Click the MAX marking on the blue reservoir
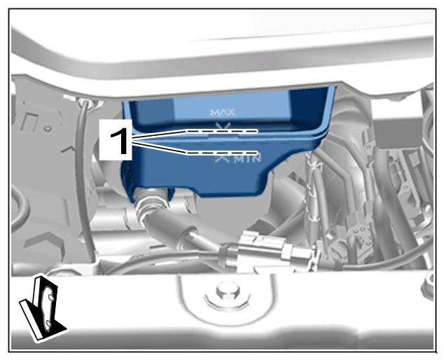pyautogui.click(x=223, y=113)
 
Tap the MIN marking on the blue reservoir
pyautogui.click(x=247, y=159)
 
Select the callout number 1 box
pyautogui.click(x=116, y=140)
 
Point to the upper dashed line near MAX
pyautogui.click(x=222, y=132)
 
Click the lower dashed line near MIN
pyautogui.click(x=222, y=153)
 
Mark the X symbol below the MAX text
pyautogui.click(x=223, y=126)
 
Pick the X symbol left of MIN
pyautogui.click(x=222, y=158)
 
